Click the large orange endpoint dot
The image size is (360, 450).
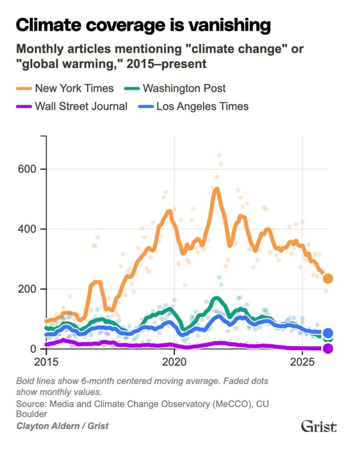click(327, 278)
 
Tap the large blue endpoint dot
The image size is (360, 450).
click(327, 334)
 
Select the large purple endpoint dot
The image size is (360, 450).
click(327, 348)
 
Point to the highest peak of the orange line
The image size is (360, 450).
click(216, 189)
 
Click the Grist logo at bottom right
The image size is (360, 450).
click(319, 426)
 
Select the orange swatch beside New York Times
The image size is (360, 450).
click(24, 89)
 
